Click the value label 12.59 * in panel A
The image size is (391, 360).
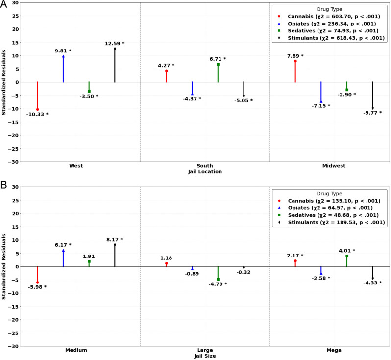click(x=114, y=44)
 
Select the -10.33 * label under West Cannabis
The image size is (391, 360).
click(x=37, y=114)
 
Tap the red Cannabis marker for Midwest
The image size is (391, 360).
click(x=295, y=61)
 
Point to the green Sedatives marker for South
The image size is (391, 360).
click(x=218, y=64)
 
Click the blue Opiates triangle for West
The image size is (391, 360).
click(x=63, y=56)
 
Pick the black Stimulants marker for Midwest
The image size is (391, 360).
click(x=372, y=108)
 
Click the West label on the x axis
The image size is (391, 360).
click(x=76, y=166)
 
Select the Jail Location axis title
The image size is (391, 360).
click(x=205, y=172)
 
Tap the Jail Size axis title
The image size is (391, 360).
click(x=205, y=356)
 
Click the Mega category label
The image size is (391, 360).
click(x=334, y=350)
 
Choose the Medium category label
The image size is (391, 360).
click(x=76, y=350)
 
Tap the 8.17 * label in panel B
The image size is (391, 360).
click(x=114, y=240)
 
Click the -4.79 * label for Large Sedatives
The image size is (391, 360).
click(x=218, y=283)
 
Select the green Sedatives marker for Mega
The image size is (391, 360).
click(x=347, y=256)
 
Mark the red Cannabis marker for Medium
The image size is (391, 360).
click(x=37, y=283)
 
